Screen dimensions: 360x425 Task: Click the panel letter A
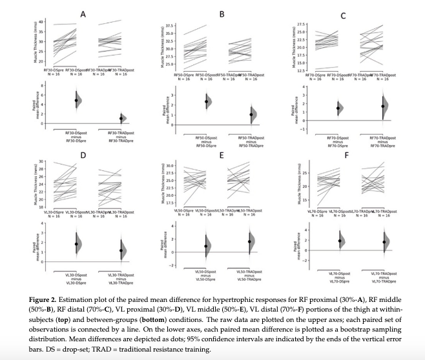tap(83, 14)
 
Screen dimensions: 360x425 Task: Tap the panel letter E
tap(222, 155)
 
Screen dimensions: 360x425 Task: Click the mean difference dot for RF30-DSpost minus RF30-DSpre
tap(76, 100)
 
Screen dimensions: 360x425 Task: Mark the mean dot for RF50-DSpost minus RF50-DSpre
tap(207, 101)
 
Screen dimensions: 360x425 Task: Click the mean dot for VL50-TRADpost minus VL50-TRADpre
tap(249, 241)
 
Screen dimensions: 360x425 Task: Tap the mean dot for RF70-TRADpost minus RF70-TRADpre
tap(383, 106)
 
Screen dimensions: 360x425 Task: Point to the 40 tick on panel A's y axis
tap(41, 23)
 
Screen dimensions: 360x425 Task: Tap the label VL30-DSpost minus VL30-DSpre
tap(76, 279)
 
